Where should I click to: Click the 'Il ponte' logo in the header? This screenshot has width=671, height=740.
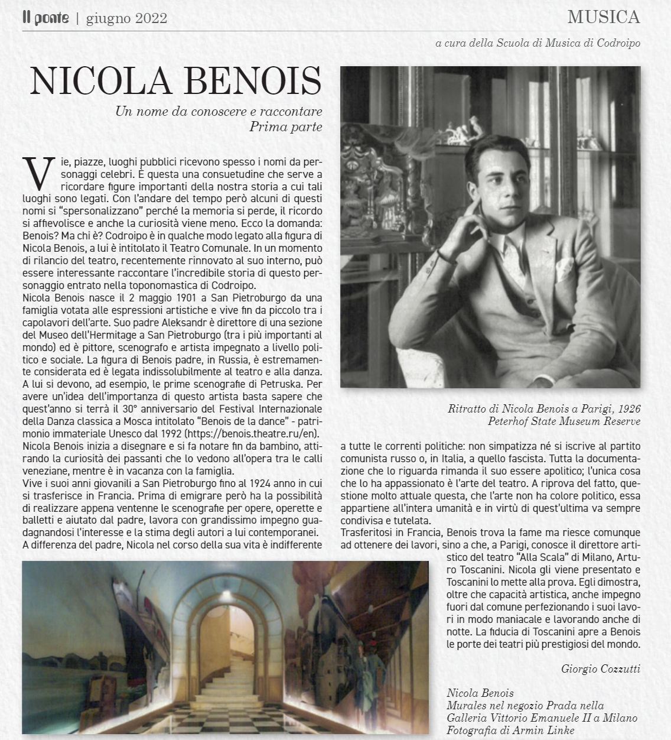coord(45,18)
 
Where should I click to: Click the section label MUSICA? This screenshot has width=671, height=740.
coord(603,17)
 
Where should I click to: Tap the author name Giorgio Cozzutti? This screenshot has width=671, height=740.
coord(600,668)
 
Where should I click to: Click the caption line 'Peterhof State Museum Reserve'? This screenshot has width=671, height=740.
coord(564,421)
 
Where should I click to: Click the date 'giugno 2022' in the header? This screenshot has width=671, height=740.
coord(126,18)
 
